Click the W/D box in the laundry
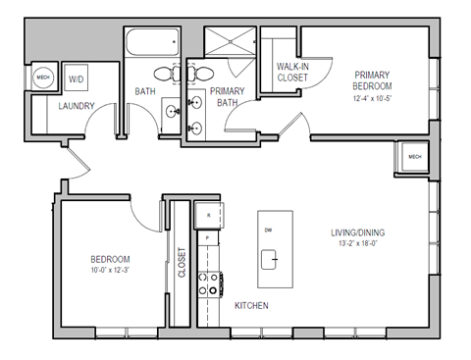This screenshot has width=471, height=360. pyautogui.click(x=76, y=79)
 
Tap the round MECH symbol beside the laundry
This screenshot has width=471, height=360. pyautogui.click(x=43, y=79)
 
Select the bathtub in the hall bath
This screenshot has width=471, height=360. pyautogui.click(x=153, y=44)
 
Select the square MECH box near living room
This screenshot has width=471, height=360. pyautogui.click(x=413, y=156)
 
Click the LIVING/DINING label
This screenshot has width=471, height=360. pyautogui.click(x=358, y=232)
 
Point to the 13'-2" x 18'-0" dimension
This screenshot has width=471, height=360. pyautogui.click(x=358, y=244)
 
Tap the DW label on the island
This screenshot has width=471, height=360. pyautogui.click(x=268, y=230)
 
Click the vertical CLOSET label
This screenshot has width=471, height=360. pyautogui.click(x=182, y=263)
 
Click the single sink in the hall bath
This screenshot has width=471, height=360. pyautogui.click(x=170, y=111)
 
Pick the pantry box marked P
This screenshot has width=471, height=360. pyautogui.click(x=208, y=238)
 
